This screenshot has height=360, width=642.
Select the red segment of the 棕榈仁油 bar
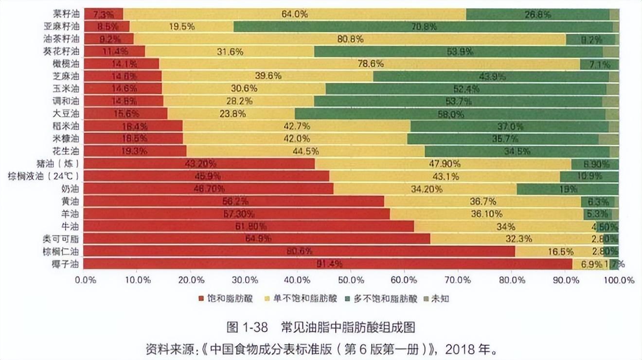coord(299,252)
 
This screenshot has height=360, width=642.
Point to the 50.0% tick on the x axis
coord(352,280)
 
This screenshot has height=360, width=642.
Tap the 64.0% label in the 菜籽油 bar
coord(294,14)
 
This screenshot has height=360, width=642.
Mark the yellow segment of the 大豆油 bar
coord(231,114)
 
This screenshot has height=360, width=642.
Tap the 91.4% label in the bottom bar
coord(329,264)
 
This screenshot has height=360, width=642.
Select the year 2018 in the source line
coord(459,349)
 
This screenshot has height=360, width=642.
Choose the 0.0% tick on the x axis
coord(85,280)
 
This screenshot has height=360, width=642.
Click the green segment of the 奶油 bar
coord(567,189)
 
